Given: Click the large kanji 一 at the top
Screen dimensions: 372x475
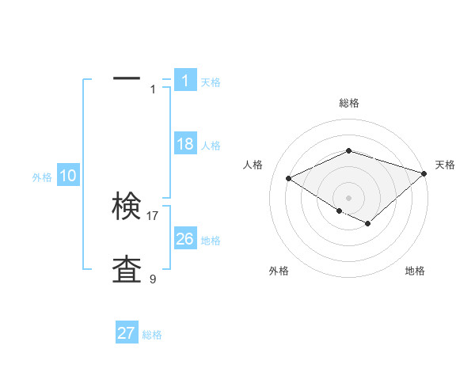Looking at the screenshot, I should coord(127,78).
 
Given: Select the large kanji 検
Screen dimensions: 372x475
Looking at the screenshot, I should coord(127,207).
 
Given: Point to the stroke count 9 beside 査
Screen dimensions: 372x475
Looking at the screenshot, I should coord(153,279).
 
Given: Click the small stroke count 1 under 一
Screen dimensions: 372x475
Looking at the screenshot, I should coord(153,89).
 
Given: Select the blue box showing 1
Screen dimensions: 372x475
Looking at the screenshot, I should coord(184,81).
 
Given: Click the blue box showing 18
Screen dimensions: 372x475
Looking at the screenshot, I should coord(184,144).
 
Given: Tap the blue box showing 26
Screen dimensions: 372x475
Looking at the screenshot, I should coord(184,238).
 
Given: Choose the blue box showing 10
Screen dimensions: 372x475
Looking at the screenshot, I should coord(67,177).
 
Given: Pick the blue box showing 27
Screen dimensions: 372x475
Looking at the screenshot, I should coord(126,333).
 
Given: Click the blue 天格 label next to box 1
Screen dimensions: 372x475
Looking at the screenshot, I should coord(211,82).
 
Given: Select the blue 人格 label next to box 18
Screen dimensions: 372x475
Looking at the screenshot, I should coord(211,146).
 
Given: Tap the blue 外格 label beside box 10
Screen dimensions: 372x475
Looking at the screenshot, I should coord(42,177).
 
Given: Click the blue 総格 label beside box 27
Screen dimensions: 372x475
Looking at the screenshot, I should coord(152,335).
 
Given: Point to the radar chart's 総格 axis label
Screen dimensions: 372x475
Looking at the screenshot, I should coord(348,103).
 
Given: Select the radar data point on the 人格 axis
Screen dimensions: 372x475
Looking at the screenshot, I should coord(289,178).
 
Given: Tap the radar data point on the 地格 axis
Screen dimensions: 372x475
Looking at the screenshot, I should coord(368,224).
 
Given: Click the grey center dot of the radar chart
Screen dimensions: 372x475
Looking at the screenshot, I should coord(348,197).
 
